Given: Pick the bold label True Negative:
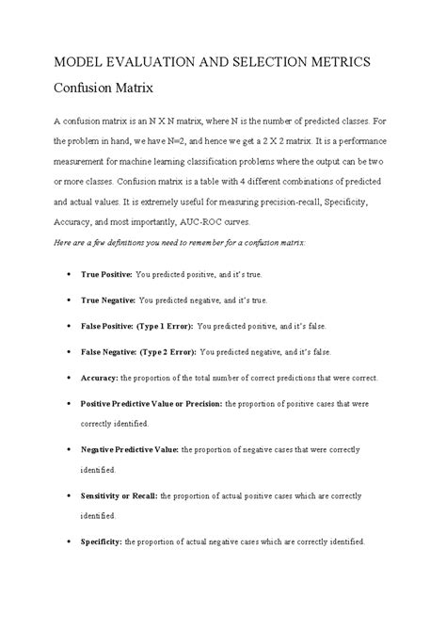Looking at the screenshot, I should pos(108,299).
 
